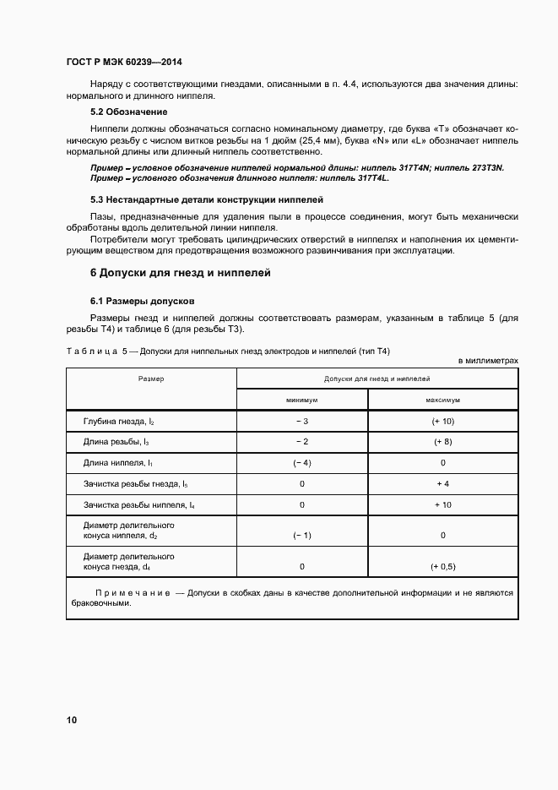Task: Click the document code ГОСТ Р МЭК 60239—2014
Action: [124, 63]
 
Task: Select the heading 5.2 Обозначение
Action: [128, 112]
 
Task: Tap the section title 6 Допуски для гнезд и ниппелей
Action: [180, 273]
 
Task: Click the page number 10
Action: [72, 720]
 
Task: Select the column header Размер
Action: [151, 379]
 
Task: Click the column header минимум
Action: [301, 399]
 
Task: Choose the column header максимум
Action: [443, 399]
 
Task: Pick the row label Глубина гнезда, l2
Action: [119, 421]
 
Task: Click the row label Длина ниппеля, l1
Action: [117, 463]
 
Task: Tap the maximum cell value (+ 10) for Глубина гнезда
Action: [443, 421]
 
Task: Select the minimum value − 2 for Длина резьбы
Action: [301, 442]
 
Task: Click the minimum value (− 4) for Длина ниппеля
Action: [301, 463]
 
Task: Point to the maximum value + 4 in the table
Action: [443, 484]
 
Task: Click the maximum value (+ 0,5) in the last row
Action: [443, 567]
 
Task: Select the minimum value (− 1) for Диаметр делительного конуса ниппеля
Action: [301, 536]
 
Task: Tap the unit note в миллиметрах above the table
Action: [488, 361]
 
